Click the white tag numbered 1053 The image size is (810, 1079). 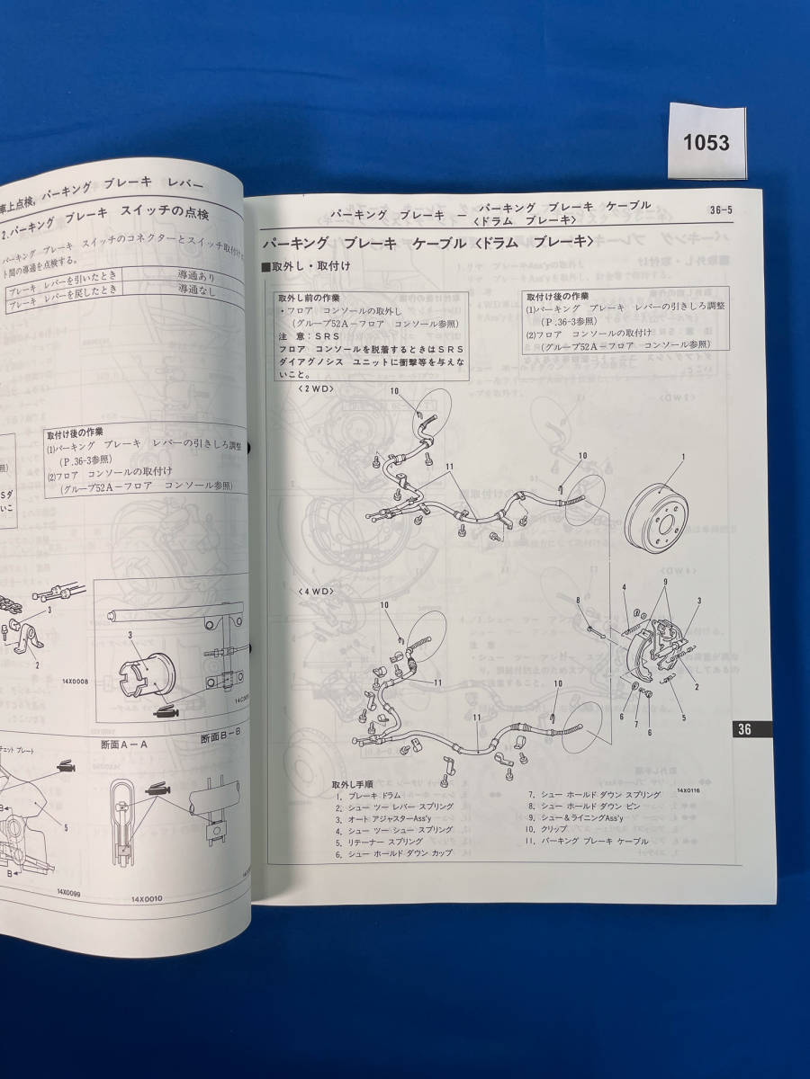coord(706,143)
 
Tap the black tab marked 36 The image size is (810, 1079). coord(744,729)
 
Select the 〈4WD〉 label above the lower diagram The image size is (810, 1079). coord(316,591)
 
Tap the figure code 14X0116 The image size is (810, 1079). coord(690,790)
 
